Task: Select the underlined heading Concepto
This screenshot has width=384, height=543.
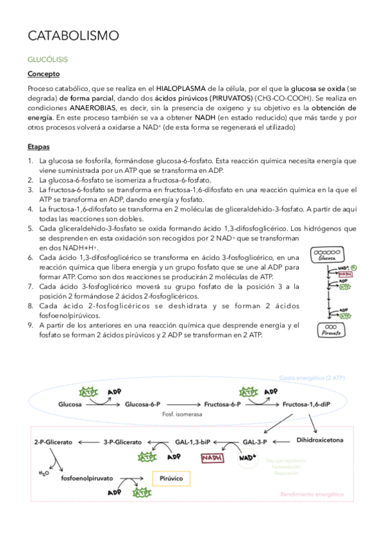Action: (43, 74)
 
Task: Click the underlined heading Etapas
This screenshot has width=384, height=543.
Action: (39, 146)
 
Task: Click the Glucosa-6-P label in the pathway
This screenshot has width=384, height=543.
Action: (147, 405)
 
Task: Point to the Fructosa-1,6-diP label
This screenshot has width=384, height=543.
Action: (306, 405)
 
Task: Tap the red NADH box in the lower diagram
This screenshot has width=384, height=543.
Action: (212, 458)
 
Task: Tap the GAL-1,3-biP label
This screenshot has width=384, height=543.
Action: (192, 442)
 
